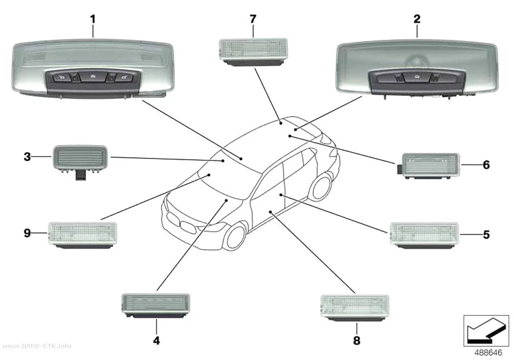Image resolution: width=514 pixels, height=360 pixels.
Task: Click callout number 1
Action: point(93,19)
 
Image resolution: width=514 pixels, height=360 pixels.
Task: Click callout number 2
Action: point(417,19)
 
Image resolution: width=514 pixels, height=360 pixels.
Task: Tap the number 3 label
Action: point(27,157)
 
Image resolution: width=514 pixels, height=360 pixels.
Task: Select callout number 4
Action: point(157,341)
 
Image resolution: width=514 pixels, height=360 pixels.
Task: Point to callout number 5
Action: point(486,235)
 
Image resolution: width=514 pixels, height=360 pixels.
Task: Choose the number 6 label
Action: point(486,165)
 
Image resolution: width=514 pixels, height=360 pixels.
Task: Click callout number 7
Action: point(253,19)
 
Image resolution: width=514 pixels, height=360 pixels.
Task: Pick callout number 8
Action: point(357,341)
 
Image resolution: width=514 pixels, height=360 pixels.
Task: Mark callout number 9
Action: point(27,233)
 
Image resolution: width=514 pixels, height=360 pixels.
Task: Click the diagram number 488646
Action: point(488,353)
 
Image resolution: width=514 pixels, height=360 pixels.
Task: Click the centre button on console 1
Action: point(93,77)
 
